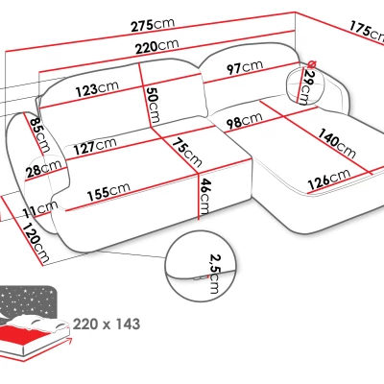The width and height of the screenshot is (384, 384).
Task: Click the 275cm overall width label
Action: click(x=154, y=25)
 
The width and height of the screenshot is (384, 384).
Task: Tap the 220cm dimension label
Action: click(x=156, y=46)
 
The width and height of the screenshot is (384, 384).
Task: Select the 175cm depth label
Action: click(x=367, y=32)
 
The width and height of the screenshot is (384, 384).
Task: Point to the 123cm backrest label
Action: click(x=97, y=88)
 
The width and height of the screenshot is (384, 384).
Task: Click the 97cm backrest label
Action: click(x=245, y=67)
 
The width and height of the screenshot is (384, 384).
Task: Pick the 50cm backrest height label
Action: click(x=153, y=105)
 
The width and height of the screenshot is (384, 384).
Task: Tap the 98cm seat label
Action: click(x=244, y=120)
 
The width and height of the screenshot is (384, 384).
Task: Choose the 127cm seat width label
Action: click(x=95, y=146)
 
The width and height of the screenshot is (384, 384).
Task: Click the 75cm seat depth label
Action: click(x=187, y=153)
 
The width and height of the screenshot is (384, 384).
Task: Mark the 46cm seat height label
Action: click(x=204, y=197)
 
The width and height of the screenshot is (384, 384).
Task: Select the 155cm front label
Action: click(x=108, y=191)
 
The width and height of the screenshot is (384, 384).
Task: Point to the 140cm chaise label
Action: click(x=336, y=143)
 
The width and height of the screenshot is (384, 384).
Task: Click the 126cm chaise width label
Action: click(x=329, y=180)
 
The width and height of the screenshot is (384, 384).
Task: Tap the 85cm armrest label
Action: click(x=40, y=134)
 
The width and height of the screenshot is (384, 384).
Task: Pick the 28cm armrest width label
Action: click(x=44, y=168)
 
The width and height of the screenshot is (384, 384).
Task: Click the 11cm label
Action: click(x=40, y=208)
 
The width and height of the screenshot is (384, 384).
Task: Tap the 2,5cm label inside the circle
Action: click(x=214, y=274)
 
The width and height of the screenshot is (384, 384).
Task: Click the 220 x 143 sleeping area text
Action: click(x=107, y=324)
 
